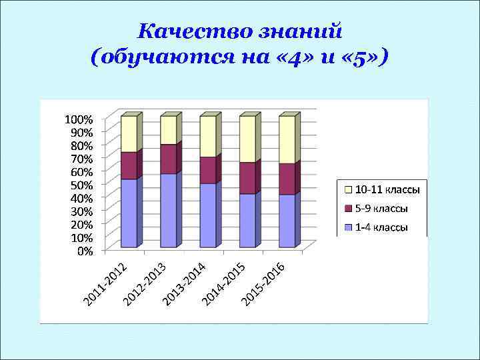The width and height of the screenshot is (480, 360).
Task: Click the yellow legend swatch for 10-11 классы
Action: tap(347, 190)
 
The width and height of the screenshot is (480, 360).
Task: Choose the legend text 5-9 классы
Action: tap(381, 209)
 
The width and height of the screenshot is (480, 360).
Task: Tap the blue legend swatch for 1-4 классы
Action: tap(347, 228)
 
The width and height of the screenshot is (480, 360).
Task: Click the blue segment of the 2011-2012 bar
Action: tap(129, 213)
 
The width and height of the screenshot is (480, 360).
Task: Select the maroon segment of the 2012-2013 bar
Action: tap(168, 159)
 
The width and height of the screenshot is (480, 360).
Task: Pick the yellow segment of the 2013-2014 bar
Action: tap(207, 136)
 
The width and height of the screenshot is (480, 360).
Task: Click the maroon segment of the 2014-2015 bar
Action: tap(247, 177)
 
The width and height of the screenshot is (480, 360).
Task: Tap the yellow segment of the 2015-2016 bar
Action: tap(287, 139)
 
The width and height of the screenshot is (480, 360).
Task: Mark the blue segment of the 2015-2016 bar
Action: tap(287, 221)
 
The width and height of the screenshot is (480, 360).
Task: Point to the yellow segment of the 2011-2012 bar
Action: tap(129, 133)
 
